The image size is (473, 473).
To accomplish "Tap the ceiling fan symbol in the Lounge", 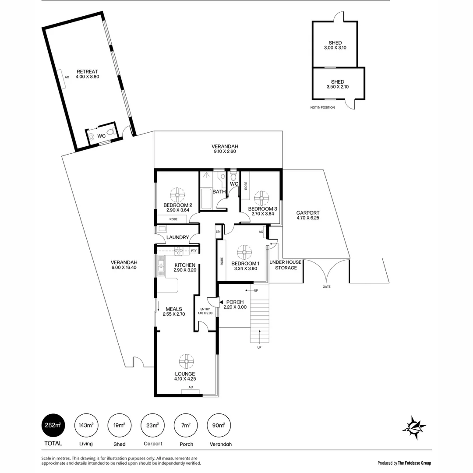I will point(186,361).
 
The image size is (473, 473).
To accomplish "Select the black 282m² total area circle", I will point(53,425).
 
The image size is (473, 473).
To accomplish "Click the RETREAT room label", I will point(87,74).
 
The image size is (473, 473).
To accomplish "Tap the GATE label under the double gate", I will point(327,287).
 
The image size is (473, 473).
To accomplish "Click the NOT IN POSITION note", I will point(322,107).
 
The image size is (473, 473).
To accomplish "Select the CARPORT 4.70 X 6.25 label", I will point(308,215).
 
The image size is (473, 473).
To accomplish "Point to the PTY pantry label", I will point(193,251).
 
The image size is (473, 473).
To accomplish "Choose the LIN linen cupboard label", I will point(218,231).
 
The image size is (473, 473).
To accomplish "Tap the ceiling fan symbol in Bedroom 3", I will point(261,198).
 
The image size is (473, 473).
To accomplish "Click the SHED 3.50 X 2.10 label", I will point(338,84).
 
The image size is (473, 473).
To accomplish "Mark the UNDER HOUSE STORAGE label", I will point(286,265).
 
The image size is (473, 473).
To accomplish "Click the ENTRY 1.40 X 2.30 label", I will point(205,311).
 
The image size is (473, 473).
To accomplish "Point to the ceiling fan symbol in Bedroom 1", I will point(244,252).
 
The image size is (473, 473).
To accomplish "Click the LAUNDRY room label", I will point(177,237).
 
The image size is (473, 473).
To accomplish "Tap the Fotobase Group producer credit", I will point(404,462).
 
